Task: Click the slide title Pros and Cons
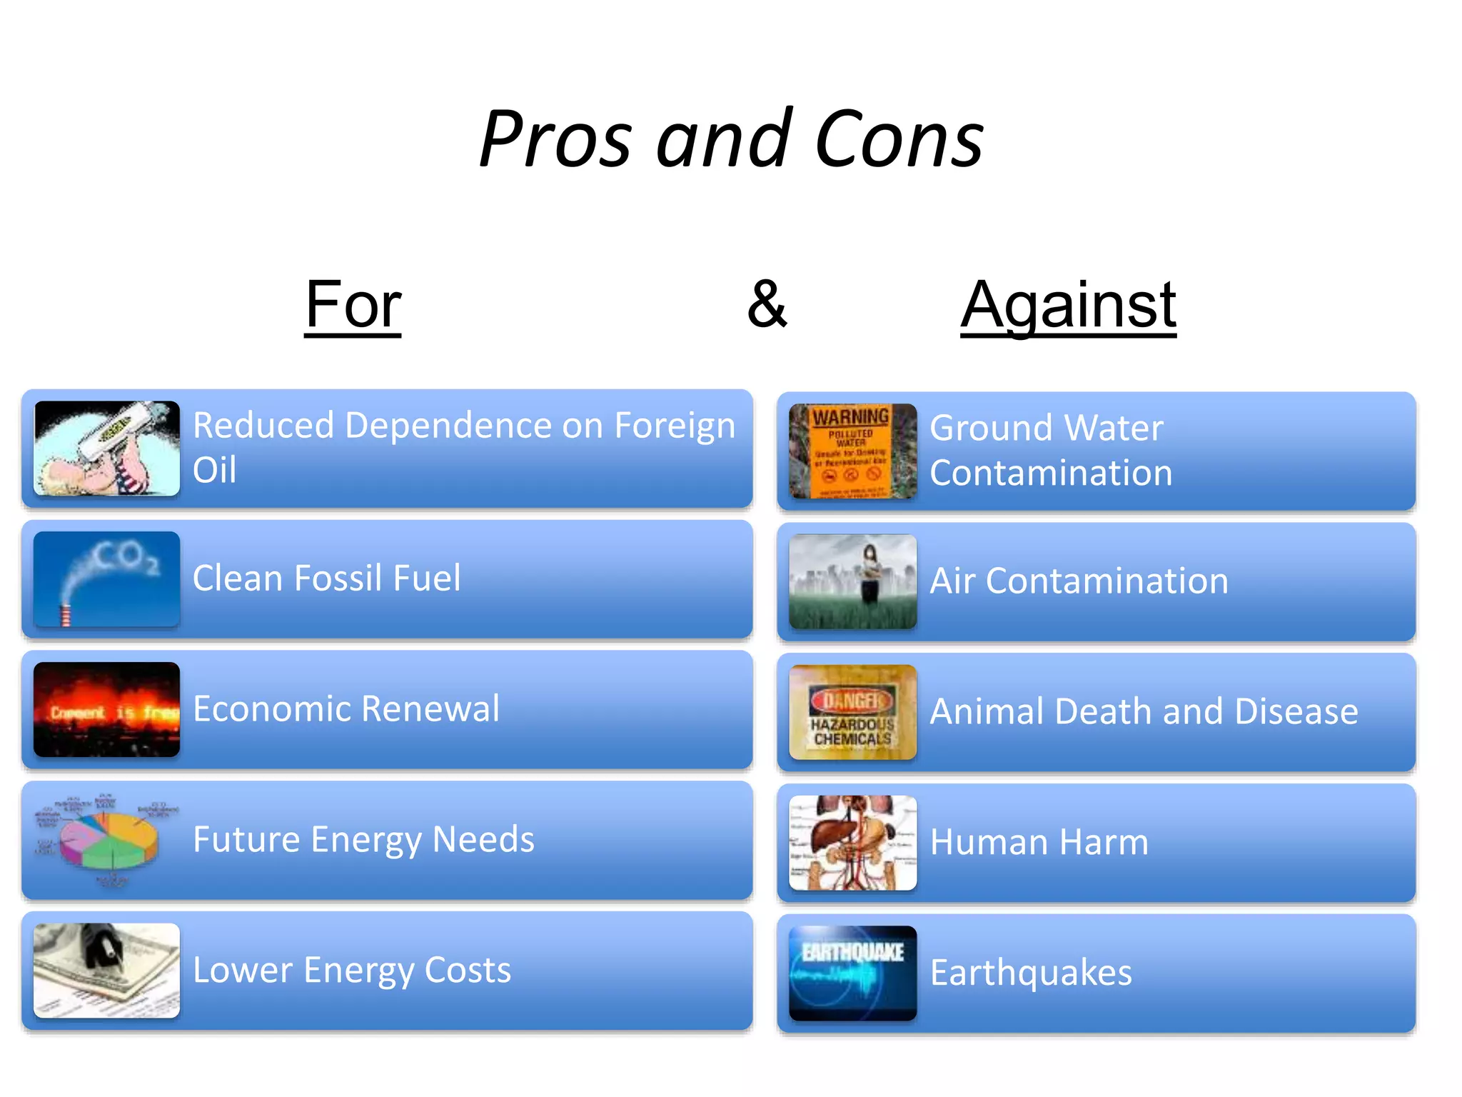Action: click(x=731, y=139)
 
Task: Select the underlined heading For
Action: click(x=353, y=305)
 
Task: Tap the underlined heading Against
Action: click(x=1068, y=305)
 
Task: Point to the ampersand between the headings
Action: click(x=767, y=305)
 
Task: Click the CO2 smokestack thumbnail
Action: click(x=106, y=579)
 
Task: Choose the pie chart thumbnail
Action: click(x=106, y=841)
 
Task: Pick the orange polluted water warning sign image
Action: click(x=852, y=451)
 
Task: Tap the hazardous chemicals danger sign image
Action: click(x=852, y=712)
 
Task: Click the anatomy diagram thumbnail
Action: click(x=852, y=843)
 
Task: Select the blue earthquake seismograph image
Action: click(x=852, y=973)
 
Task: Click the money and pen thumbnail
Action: click(x=106, y=971)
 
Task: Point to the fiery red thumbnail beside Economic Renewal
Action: click(x=106, y=709)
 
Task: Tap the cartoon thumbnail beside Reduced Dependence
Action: click(x=106, y=449)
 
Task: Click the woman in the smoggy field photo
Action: click(x=852, y=581)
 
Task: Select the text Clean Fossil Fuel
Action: click(x=326, y=578)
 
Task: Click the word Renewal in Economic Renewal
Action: click(x=430, y=708)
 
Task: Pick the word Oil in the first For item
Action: click(x=214, y=470)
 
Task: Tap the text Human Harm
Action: click(x=1039, y=841)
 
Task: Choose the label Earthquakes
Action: click(x=1031, y=972)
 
